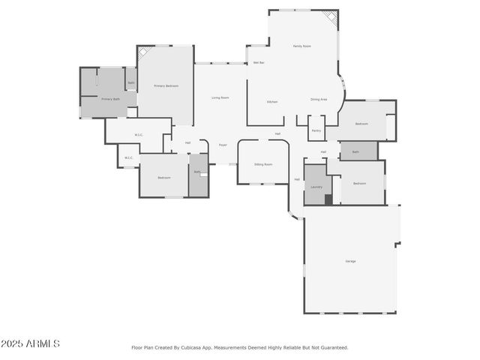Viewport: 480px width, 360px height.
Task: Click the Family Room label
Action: click(x=302, y=46)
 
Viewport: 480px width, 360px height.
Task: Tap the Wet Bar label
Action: click(x=258, y=62)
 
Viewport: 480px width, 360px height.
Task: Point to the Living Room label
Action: click(x=220, y=97)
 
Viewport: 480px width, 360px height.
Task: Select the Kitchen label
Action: click(x=272, y=101)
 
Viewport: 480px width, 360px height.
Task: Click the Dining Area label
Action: click(x=319, y=99)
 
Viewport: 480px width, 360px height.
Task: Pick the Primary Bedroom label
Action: click(x=166, y=86)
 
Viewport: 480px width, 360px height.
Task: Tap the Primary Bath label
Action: click(x=110, y=99)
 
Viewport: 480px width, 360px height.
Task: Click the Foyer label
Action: click(x=223, y=144)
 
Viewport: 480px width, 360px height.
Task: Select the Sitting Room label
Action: click(x=262, y=163)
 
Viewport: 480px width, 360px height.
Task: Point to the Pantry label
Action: click(x=316, y=130)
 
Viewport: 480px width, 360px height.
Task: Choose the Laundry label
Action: click(x=316, y=187)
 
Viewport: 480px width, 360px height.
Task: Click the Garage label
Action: click(x=350, y=261)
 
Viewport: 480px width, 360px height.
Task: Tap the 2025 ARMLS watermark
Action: click(x=30, y=344)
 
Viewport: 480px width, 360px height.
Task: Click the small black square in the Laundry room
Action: click(x=328, y=199)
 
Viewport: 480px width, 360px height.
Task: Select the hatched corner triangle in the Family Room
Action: click(x=330, y=17)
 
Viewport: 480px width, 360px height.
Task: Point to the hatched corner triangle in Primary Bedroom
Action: click(x=142, y=52)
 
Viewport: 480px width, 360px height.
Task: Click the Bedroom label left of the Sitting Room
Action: click(x=163, y=178)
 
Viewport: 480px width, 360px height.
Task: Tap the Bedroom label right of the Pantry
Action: click(x=361, y=124)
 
